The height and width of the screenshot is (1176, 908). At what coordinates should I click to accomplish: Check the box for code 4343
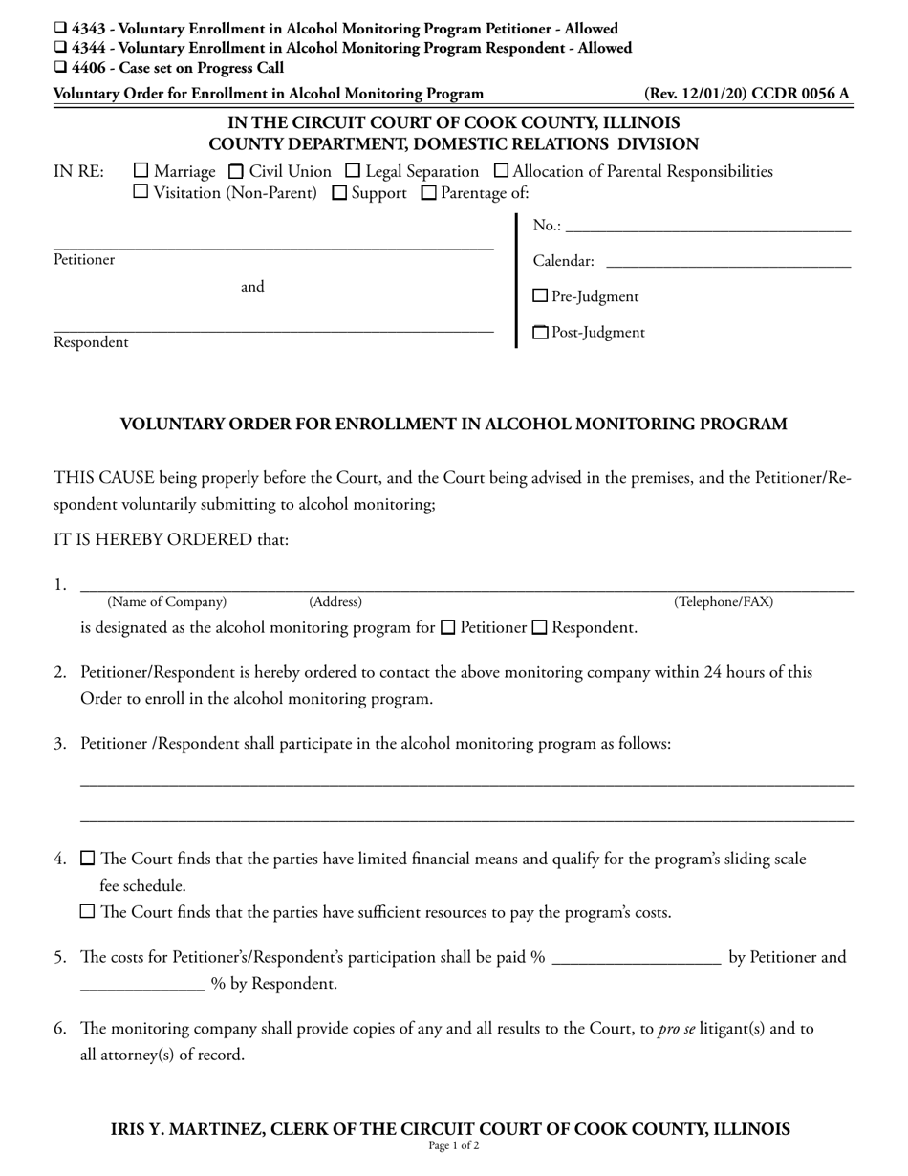click(x=60, y=29)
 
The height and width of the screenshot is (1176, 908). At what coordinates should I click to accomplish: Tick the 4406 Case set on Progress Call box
click(x=60, y=68)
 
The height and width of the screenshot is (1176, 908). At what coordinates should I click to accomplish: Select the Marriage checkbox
click(x=141, y=171)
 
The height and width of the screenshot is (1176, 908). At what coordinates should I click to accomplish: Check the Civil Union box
click(x=236, y=172)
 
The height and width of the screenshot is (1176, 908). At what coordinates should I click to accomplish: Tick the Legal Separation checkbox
click(x=353, y=172)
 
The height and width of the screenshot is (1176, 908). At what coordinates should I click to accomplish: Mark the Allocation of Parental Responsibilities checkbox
click(x=501, y=172)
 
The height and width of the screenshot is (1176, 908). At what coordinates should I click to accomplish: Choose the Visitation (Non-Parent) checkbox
click(x=141, y=192)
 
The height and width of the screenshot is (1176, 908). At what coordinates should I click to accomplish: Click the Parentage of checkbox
click(x=429, y=193)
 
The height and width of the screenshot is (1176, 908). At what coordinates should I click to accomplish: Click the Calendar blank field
click(x=727, y=263)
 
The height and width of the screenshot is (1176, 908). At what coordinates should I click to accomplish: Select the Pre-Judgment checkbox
click(x=540, y=296)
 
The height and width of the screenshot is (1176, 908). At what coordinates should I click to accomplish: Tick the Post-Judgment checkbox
click(x=540, y=333)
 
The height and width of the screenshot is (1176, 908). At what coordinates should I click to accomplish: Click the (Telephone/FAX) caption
click(x=724, y=602)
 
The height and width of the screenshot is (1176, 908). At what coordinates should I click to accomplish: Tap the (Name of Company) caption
click(x=167, y=602)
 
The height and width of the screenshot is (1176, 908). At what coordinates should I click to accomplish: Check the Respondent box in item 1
click(x=540, y=628)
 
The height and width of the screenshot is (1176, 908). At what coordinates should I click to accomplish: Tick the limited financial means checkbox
click(x=88, y=859)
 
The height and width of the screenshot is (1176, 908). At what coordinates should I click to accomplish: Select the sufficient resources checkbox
click(x=88, y=912)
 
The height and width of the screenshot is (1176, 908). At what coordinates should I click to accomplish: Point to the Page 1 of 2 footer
click(x=454, y=1146)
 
